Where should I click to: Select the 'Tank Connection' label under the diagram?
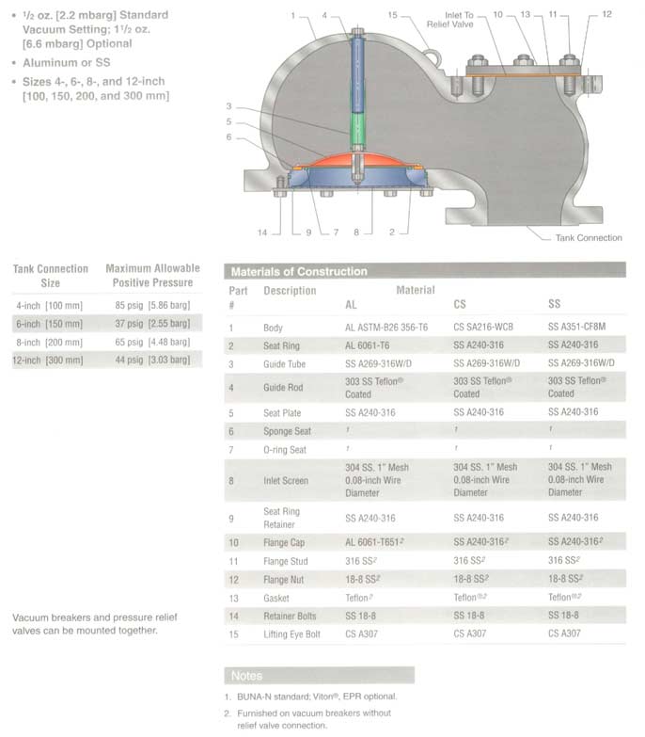click(x=589, y=238)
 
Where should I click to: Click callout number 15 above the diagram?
click(x=392, y=15)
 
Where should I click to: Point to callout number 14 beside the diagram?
click(x=263, y=232)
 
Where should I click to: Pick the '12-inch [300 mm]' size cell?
click(x=49, y=360)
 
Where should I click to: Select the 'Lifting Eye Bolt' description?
click(x=291, y=634)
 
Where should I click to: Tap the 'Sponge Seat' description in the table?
click(x=288, y=431)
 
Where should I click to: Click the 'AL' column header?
click(x=352, y=305)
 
